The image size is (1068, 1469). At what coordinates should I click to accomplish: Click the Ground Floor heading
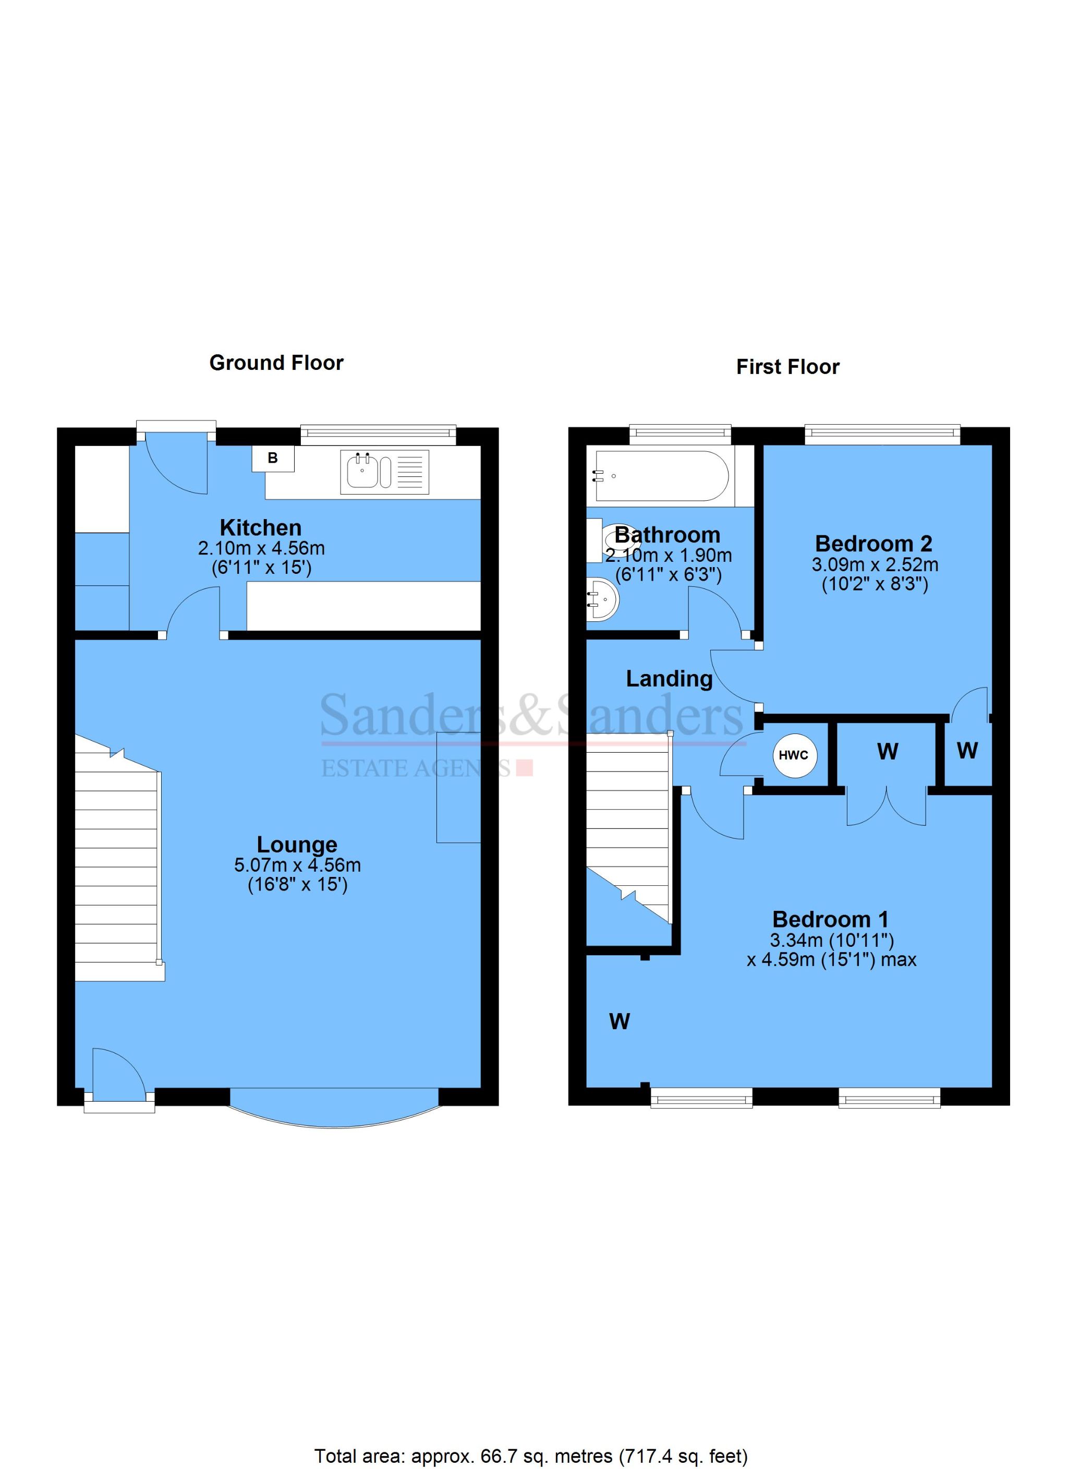(x=276, y=363)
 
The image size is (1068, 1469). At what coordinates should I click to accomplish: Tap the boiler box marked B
(x=273, y=458)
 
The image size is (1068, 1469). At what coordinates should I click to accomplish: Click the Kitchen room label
(x=260, y=527)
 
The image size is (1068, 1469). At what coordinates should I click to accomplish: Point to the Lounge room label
(x=297, y=844)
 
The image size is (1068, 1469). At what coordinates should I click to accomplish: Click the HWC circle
(x=793, y=755)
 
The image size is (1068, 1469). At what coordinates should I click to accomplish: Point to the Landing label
(x=669, y=678)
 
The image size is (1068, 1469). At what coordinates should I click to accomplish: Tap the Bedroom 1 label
(x=830, y=919)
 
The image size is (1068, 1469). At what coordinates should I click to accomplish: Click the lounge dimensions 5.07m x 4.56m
(x=297, y=865)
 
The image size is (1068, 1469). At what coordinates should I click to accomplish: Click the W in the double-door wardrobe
(x=887, y=751)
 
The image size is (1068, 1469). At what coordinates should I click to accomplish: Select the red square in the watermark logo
(x=525, y=768)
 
